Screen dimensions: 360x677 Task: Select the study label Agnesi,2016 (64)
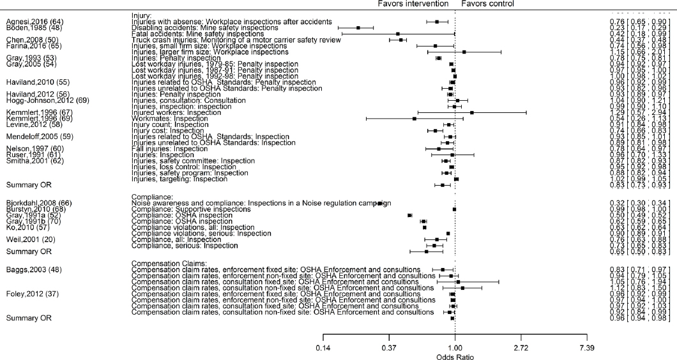point(33,22)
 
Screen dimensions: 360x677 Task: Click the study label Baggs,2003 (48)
point(34,269)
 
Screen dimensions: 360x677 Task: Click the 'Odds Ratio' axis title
point(455,356)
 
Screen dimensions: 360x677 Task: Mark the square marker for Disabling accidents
point(358,27)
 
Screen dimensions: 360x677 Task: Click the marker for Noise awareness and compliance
point(380,203)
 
